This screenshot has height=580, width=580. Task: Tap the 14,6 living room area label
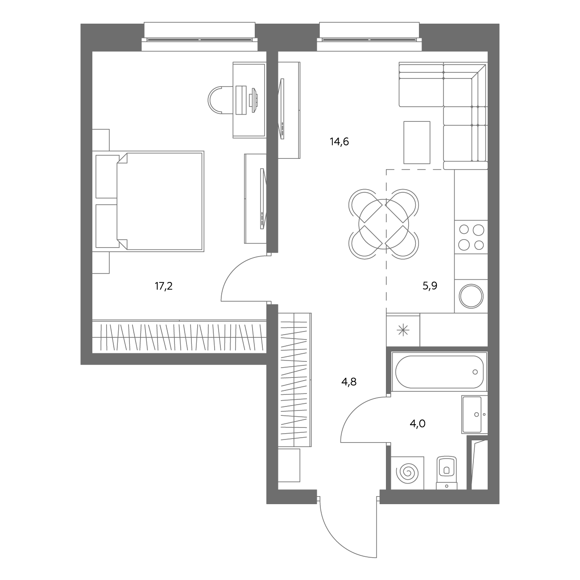[x=339, y=141]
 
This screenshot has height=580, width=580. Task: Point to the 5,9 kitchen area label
[x=430, y=286]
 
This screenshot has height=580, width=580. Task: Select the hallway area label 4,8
[x=349, y=382]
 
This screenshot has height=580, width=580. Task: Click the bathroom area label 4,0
[x=418, y=424]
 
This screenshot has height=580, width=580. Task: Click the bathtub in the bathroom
[x=439, y=372]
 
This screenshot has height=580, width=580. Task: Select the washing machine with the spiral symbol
[x=407, y=473]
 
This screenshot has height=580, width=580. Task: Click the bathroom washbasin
[x=474, y=414]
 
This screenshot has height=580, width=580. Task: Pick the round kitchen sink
[x=471, y=296]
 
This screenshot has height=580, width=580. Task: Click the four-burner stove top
[x=471, y=237]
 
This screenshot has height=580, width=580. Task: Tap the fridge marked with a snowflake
[x=403, y=331]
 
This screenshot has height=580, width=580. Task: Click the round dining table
[x=384, y=224]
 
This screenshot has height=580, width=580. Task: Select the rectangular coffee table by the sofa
[x=417, y=143]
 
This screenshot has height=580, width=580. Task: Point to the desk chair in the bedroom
[x=220, y=100]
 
